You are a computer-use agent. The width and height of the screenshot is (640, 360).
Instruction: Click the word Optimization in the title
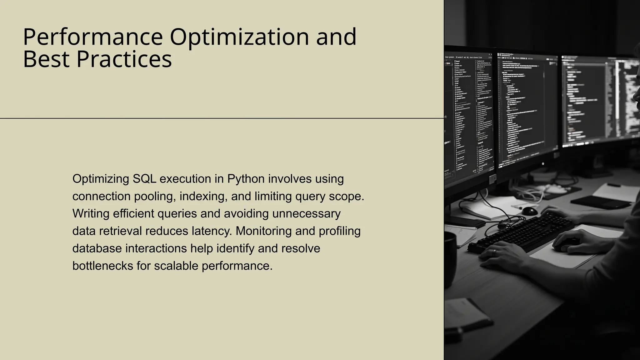click(239, 37)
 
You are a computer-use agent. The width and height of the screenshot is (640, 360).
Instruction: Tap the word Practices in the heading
click(124, 59)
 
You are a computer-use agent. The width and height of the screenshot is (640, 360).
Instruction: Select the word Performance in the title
click(93, 37)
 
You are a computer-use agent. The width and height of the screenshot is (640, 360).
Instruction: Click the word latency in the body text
click(212, 231)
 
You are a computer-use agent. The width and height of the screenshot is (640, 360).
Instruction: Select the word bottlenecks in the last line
click(102, 266)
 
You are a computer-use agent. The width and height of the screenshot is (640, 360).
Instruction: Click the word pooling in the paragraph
click(154, 196)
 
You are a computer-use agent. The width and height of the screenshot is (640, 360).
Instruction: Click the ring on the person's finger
click(494, 252)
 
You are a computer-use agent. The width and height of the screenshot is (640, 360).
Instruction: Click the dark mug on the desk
click(450, 259)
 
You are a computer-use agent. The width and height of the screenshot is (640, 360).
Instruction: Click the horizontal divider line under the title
click(219, 118)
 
